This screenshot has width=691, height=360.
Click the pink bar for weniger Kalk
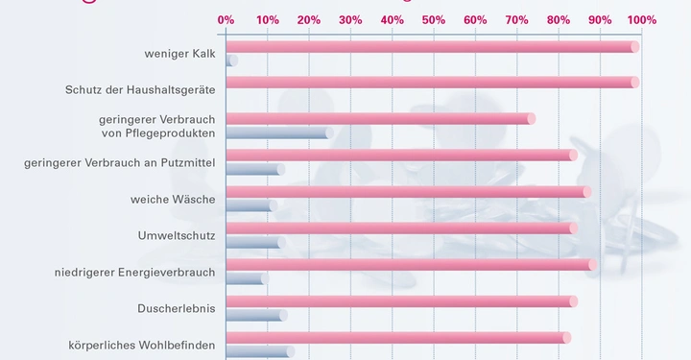click(432, 47)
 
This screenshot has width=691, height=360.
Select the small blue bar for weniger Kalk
click(231, 60)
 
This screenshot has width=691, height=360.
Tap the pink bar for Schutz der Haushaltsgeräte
click(432, 83)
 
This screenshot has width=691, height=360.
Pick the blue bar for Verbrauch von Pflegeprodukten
click(279, 132)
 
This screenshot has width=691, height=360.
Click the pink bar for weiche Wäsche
click(408, 192)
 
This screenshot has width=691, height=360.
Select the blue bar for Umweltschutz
click(255, 242)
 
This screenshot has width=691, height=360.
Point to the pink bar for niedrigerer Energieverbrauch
click(411, 265)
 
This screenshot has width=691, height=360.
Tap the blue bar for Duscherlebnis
click(256, 315)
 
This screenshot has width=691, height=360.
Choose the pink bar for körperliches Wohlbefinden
click(397, 338)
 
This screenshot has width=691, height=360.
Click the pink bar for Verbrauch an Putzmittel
click(401, 156)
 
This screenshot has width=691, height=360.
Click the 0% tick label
click(226, 19)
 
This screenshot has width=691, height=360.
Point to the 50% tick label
click(433, 19)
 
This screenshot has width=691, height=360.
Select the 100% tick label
click(641, 19)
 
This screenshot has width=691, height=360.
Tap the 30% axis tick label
click(350, 19)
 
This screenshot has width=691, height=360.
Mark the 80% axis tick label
click(559, 19)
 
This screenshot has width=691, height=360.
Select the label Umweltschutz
click(177, 235)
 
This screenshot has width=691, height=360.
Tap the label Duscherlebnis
click(177, 309)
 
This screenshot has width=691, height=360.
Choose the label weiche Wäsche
click(173, 200)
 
